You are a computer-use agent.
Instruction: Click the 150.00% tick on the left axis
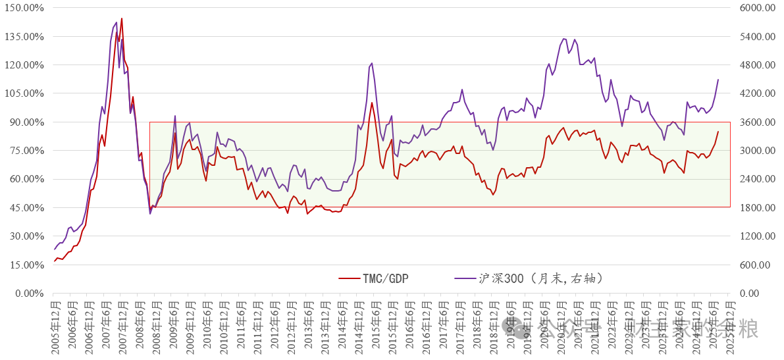(26, 8)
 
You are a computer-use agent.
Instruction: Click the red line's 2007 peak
(122, 18)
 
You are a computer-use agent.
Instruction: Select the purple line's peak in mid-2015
(372, 63)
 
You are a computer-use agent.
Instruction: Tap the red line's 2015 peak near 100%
(372, 103)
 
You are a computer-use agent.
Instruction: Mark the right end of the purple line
(718, 80)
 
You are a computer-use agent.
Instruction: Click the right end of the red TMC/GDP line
(718, 132)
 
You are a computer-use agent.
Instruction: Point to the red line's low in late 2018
(494, 194)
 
